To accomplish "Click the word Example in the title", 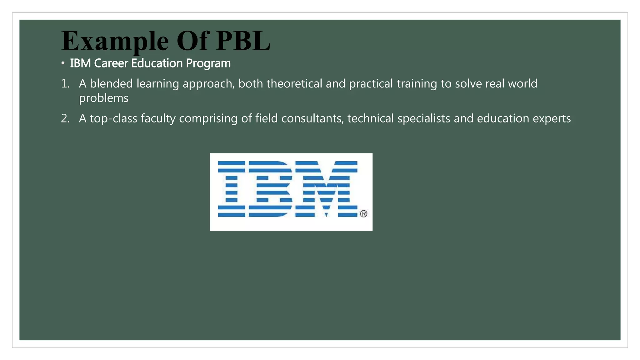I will pyautogui.click(x=115, y=41).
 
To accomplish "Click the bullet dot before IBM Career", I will pyautogui.click(x=63, y=63).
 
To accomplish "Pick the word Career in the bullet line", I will pyautogui.click(x=111, y=63).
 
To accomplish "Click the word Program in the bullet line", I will pyautogui.click(x=208, y=64).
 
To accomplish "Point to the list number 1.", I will pyautogui.click(x=65, y=84).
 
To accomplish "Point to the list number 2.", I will pyautogui.click(x=65, y=118).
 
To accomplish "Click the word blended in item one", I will pyautogui.click(x=111, y=84).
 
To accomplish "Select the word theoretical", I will pyautogui.click(x=294, y=84).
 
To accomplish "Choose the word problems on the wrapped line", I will pyautogui.click(x=103, y=98).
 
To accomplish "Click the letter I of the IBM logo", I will pyautogui.click(x=231, y=189).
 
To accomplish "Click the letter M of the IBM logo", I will pyautogui.click(x=326, y=189).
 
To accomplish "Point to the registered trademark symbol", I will pyautogui.click(x=363, y=214).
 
